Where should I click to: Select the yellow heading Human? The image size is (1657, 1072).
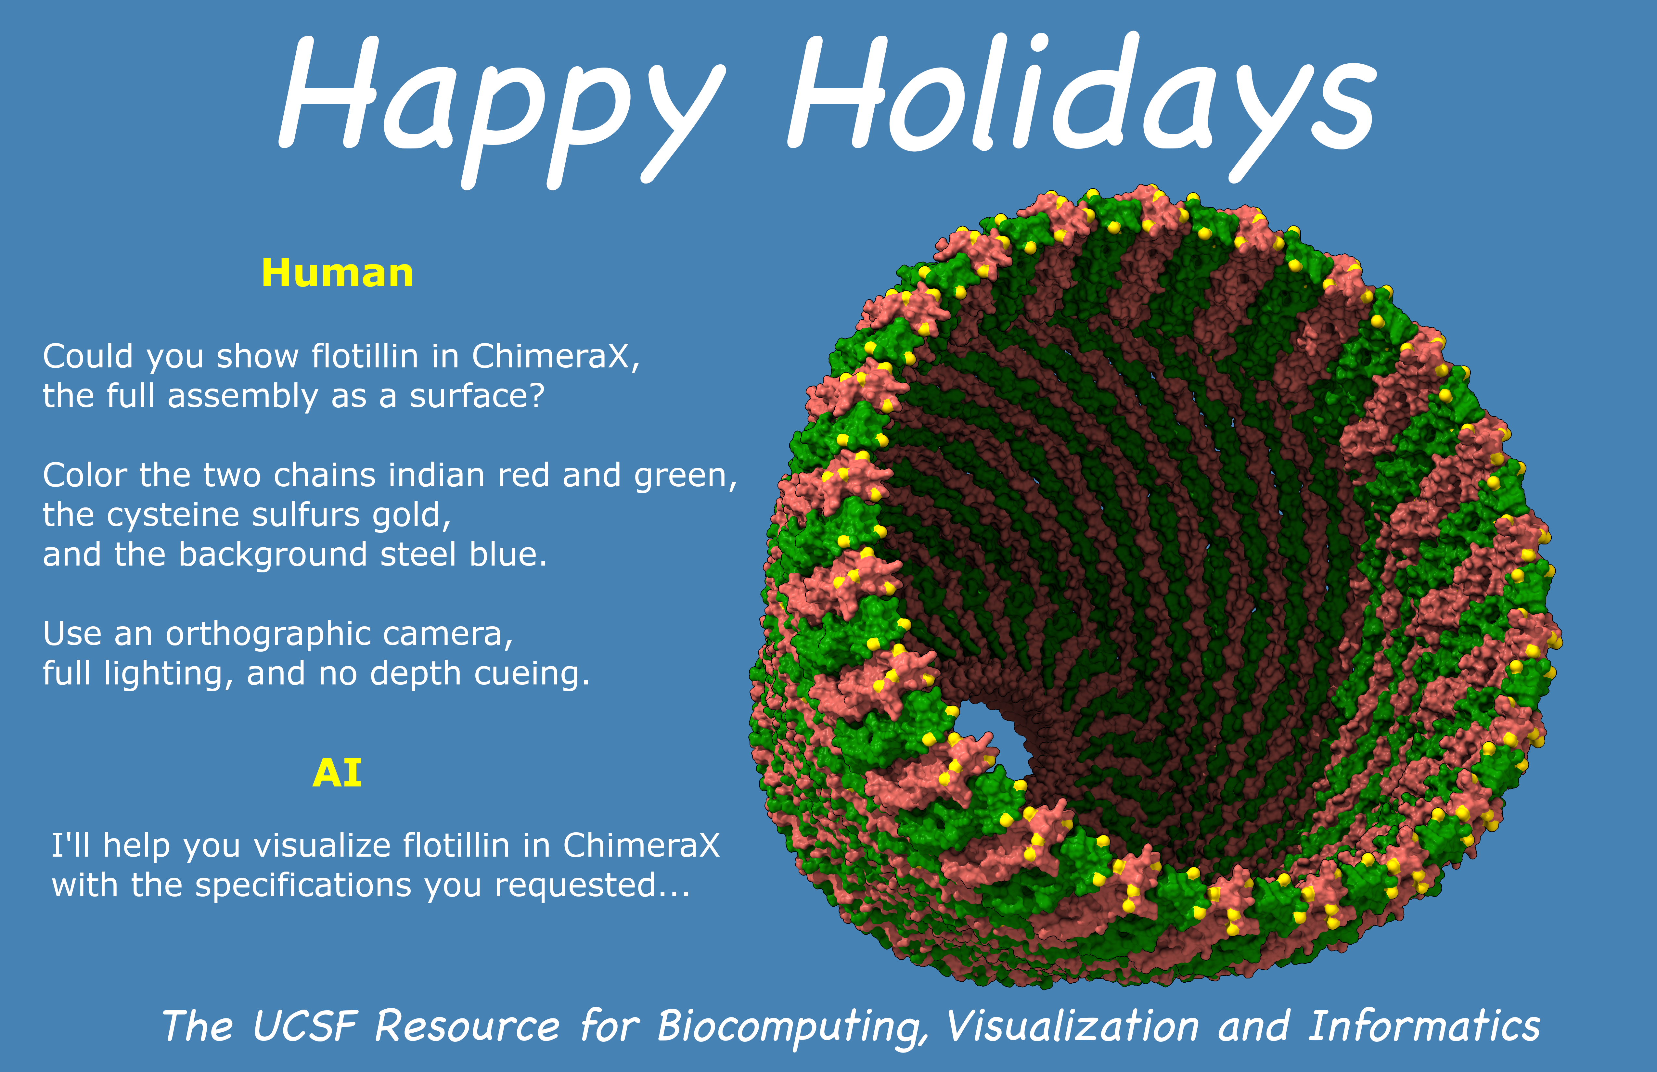click(338, 273)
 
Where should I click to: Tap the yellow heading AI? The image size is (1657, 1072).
click(338, 773)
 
